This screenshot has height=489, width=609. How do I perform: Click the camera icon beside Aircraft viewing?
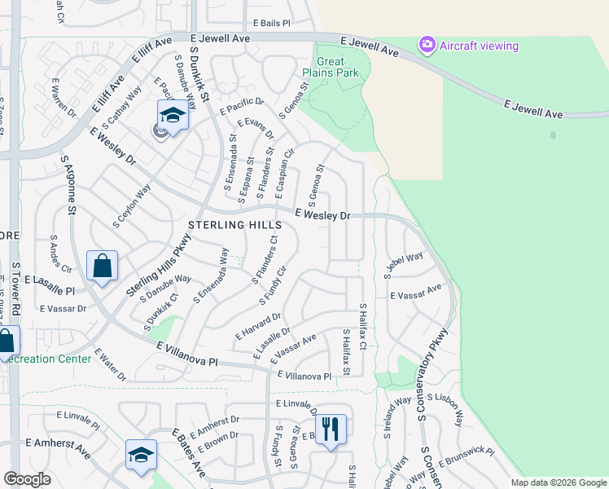pyautogui.click(x=427, y=46)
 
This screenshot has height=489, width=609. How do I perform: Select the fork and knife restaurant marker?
pyautogui.click(x=330, y=428)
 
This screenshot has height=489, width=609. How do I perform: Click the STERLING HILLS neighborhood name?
pyautogui.click(x=234, y=225)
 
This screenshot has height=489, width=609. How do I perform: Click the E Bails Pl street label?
pyautogui.click(x=271, y=24)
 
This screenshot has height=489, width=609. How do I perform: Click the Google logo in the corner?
pyautogui.click(x=27, y=479)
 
